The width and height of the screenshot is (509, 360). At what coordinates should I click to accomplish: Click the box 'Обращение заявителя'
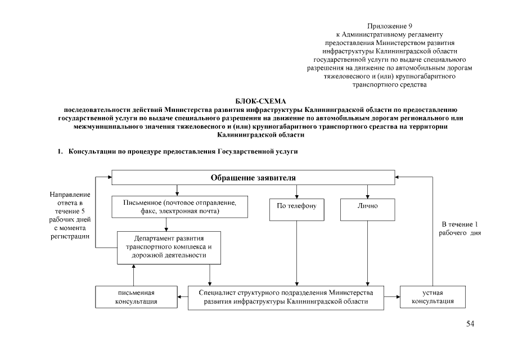253,177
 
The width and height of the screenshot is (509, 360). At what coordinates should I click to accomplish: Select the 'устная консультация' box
433,297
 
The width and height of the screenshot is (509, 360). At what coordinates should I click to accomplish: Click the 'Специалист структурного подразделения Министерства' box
286,297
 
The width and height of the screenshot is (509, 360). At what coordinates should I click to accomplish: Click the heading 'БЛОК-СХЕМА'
254,101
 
